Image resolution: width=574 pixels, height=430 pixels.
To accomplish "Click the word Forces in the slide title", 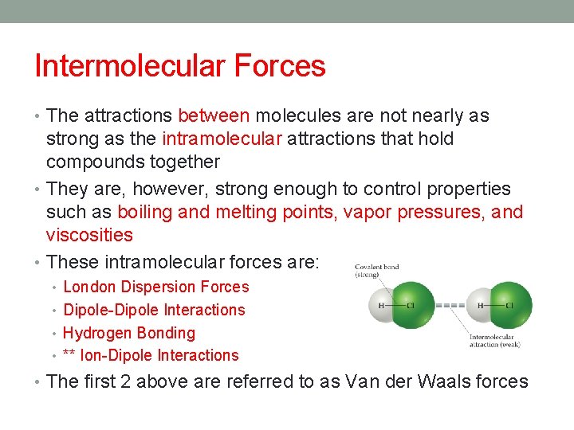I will pos(279,65).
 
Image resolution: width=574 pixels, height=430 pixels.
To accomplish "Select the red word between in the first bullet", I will pos(214,116).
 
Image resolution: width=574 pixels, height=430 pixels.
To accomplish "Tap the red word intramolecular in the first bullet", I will pos(222,139).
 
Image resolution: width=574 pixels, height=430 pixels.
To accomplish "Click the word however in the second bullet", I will pos(164,189).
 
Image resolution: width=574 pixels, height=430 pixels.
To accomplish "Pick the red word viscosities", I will pos(89,235).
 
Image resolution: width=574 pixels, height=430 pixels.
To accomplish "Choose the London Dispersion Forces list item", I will pos(155,287).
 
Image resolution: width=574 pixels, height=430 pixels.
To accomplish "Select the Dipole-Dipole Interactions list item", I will pos(154,310).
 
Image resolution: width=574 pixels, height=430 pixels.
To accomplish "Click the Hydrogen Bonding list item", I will pos(128,333).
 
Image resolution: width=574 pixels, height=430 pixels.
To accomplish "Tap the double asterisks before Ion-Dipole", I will pos(69,356).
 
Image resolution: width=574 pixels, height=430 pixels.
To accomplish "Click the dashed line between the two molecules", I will pos(451,306).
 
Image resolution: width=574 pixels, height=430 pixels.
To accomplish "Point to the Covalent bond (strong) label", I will pos(377,271).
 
